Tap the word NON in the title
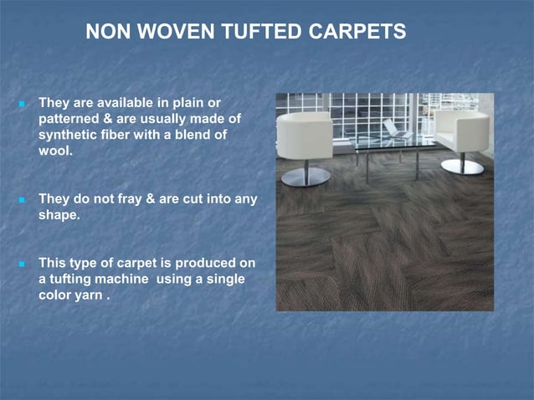(x=105, y=32)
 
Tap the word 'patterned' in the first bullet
(x=69, y=119)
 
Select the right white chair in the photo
(x=461, y=130)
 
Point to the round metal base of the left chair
(x=306, y=177)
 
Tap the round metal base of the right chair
(x=462, y=166)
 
